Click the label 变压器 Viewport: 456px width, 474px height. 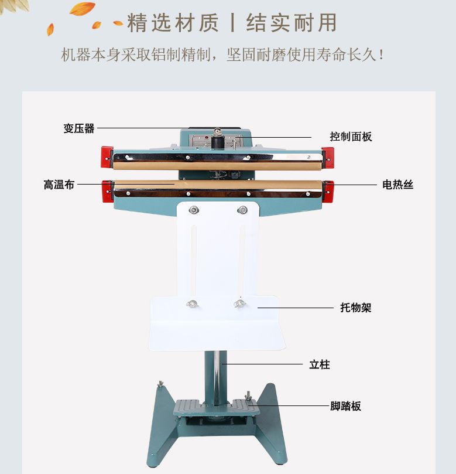click(x=79, y=128)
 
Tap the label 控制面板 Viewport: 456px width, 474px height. click(x=351, y=137)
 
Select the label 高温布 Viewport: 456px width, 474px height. click(x=59, y=185)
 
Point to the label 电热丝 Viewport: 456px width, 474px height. click(x=398, y=185)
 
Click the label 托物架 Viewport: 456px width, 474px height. click(x=356, y=308)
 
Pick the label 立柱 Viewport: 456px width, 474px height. click(x=320, y=364)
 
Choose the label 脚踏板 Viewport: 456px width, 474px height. click(x=345, y=406)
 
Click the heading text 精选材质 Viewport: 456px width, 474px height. click(x=173, y=23)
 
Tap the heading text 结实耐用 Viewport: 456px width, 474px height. click(x=292, y=23)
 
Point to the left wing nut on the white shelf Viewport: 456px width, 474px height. click(x=191, y=304)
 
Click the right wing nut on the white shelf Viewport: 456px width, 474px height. click(x=238, y=303)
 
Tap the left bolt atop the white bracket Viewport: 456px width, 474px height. click(x=194, y=210)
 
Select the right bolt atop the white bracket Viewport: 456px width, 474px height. click(x=242, y=210)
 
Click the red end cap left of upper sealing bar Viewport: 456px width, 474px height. click(x=106, y=156)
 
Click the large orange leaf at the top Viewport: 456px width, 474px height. click(x=83, y=9)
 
